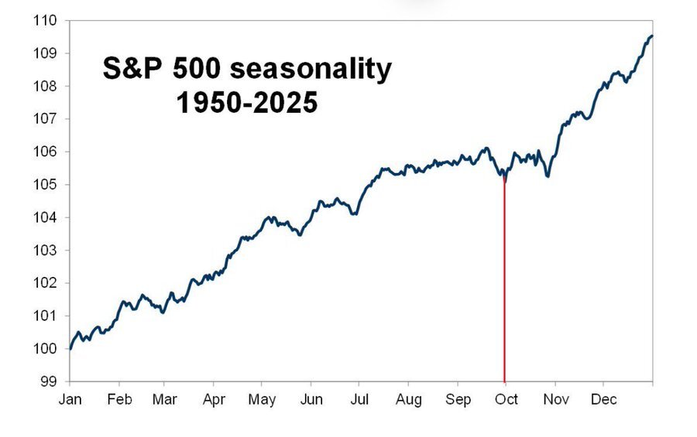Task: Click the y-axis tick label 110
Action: (46, 20)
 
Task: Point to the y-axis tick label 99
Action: (49, 381)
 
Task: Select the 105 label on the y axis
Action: (46, 185)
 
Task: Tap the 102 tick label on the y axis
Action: (46, 283)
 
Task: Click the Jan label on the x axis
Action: (70, 399)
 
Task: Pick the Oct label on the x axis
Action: (506, 399)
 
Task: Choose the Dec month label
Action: (603, 399)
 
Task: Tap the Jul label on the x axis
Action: (359, 399)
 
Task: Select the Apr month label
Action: (214, 399)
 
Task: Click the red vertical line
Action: (504, 279)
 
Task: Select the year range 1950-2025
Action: (247, 103)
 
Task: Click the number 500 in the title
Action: (197, 68)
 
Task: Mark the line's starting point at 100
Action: (70, 349)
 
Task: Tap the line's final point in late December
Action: (651, 36)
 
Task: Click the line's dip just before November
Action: (548, 176)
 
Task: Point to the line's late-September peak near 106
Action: (487, 149)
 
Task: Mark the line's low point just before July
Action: (355, 214)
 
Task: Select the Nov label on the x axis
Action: (555, 399)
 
